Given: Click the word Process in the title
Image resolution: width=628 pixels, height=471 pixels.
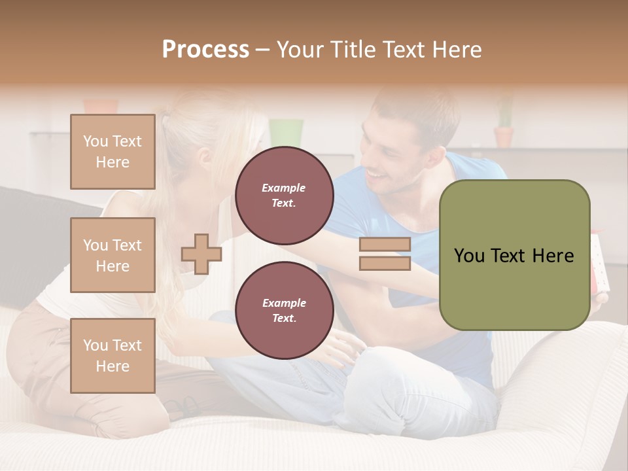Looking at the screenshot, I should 205,50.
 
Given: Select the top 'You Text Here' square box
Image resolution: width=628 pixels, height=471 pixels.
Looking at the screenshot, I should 113,152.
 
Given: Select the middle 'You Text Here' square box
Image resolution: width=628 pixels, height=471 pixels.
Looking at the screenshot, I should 113,255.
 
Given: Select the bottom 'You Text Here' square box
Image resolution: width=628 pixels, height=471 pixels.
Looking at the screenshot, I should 113,355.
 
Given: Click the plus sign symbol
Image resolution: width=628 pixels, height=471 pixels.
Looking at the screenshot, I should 201,254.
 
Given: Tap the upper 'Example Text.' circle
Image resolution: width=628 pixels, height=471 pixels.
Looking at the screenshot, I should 284,195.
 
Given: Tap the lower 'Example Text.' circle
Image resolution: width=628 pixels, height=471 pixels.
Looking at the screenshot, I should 284,310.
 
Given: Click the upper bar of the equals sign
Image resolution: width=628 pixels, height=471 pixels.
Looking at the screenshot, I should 385,245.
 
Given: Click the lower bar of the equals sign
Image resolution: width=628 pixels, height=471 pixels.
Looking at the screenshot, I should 385,264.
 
